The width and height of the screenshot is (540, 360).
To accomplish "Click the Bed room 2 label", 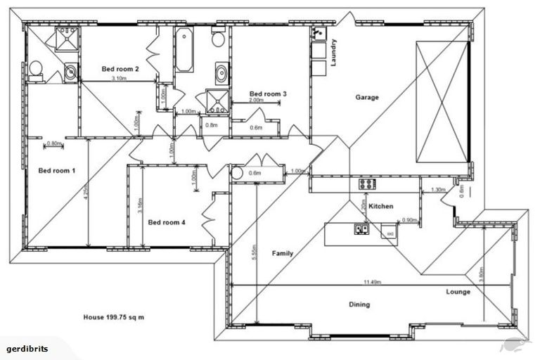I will tap(120, 69).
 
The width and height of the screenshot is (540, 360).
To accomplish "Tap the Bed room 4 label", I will tap(167, 222).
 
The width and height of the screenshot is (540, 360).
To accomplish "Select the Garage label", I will tap(366, 98).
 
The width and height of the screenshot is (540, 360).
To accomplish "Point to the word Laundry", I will tap(335, 53).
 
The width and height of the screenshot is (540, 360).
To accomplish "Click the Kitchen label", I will tap(380, 206).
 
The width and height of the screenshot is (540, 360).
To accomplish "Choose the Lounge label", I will tap(458, 291).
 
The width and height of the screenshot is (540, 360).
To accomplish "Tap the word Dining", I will tap(359, 304).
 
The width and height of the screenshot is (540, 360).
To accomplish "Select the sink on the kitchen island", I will tap(361, 229).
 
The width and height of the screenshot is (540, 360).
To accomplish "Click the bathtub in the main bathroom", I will tap(184, 51).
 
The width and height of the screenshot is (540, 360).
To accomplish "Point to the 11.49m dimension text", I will tap(373, 282).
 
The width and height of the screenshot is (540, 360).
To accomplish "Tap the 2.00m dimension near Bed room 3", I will tap(257, 100).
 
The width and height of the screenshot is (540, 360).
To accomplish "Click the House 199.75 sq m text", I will tap(113, 317).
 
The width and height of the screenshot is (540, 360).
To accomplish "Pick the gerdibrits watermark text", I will tap(26, 349).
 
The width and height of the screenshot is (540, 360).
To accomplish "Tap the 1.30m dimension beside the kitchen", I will tap(437, 189).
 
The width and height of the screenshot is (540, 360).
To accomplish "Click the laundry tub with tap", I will tap(319, 34).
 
